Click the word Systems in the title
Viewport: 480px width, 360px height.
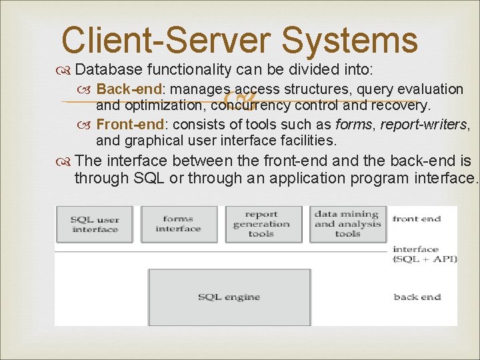coord(349,40)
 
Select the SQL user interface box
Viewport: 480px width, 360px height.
coord(95,224)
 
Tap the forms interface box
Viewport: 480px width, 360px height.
coord(178,224)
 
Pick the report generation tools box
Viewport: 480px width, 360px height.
coord(262,224)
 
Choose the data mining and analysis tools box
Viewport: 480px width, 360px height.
coord(347,224)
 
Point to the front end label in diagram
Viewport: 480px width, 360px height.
coord(417,218)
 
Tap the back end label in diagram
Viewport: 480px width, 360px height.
coord(417,297)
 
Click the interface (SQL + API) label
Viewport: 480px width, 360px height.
coord(425,253)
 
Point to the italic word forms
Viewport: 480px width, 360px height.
coord(354,124)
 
